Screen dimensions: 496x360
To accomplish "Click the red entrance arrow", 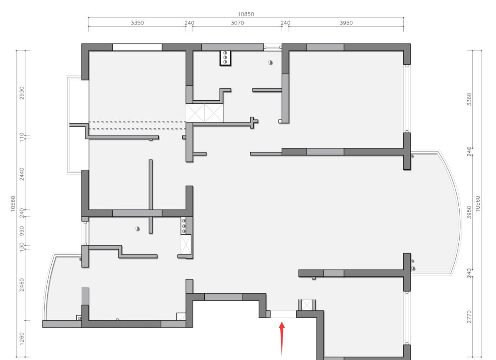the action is click(282, 338).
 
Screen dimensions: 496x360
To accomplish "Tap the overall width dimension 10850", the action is click(246, 14).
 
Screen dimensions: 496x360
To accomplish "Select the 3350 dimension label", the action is click(137, 23).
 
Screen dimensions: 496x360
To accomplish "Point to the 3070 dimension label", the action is click(237, 23).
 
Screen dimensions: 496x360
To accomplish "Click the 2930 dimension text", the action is click(22, 93).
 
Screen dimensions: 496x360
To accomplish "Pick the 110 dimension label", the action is click(22, 137).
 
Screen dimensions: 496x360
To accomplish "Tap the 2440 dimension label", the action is click(22, 174).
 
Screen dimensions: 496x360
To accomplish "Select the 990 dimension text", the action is click(22, 231).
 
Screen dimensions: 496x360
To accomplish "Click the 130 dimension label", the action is click(22, 247).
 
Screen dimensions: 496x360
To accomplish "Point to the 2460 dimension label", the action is click(22, 285).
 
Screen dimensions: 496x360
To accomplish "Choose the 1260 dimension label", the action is click(22, 339).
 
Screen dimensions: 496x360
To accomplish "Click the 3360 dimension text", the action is click(469, 99).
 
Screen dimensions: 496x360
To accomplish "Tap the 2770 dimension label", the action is click(469, 317).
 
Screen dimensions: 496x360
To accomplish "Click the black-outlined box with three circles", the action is click(226, 58).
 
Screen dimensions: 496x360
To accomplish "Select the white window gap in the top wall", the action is click(137, 47).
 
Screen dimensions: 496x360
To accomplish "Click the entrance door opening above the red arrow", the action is click(283, 314).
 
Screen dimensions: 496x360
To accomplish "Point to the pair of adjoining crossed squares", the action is click(204, 113).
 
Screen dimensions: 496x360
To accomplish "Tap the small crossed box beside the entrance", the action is click(307, 305).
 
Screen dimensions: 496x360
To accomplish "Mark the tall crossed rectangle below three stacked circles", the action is click(186, 245).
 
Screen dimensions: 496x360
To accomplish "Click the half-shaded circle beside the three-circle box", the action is click(270, 63).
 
